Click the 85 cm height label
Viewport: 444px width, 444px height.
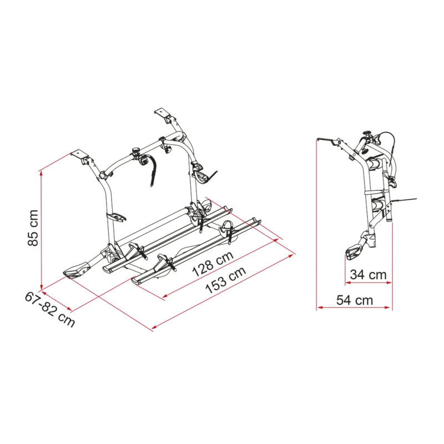point(33,228)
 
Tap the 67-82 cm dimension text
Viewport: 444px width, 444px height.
point(50,310)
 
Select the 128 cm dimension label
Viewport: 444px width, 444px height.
point(213,264)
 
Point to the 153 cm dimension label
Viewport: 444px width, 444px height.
point(225,280)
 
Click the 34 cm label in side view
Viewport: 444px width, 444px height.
point(368,274)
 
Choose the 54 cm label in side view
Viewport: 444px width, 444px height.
point(355,300)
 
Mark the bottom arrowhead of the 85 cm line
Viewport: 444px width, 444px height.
point(42,287)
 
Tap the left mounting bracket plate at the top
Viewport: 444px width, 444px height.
point(79,155)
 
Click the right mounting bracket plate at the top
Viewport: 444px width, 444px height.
point(163,112)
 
